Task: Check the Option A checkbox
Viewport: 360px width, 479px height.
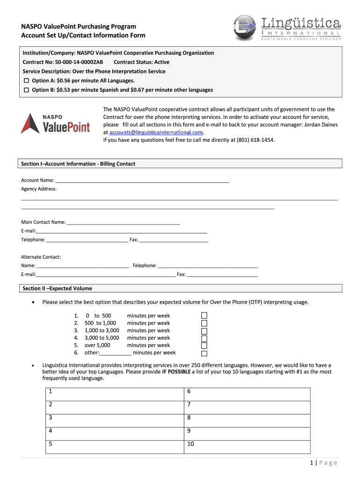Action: point(26,81)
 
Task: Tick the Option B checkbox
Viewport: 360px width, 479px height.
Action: point(26,90)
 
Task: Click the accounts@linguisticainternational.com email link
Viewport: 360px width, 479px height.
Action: point(156,132)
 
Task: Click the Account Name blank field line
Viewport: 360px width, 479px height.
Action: point(142,180)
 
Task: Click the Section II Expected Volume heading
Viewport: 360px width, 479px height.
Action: point(58,289)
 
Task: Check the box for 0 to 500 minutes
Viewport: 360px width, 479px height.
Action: point(204,316)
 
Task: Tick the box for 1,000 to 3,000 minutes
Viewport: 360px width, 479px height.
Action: point(204,331)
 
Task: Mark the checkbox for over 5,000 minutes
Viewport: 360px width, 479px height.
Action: point(204,346)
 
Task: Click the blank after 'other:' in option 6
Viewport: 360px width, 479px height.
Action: point(115,353)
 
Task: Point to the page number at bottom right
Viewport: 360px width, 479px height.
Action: point(323,463)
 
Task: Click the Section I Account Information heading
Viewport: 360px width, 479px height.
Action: point(79,164)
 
